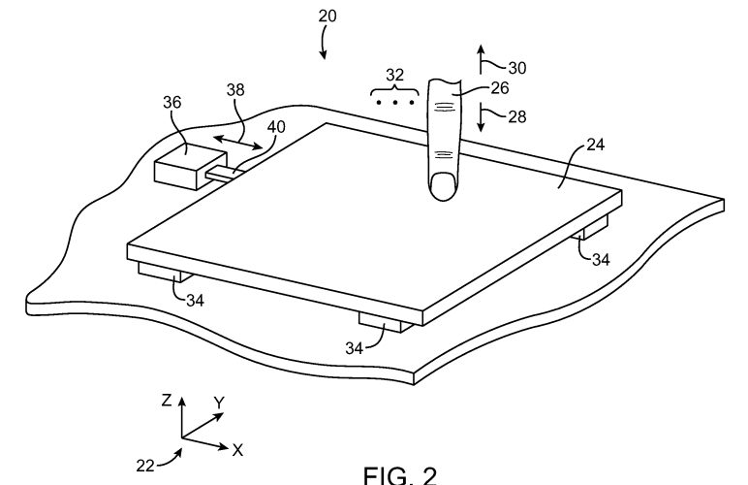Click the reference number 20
point(327,16)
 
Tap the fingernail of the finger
point(443,186)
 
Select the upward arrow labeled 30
point(481,59)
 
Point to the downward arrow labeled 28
point(481,117)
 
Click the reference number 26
point(499,88)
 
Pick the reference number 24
point(595,145)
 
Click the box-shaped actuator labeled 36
point(190,166)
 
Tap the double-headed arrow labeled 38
point(237,143)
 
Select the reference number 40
point(276,126)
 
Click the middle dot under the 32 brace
point(395,102)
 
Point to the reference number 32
point(394,75)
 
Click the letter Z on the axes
point(166,400)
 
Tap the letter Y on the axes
point(219,403)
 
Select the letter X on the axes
point(237,450)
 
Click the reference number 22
point(145,466)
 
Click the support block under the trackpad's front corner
point(386,323)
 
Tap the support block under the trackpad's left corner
point(165,272)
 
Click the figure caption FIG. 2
point(400,475)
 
